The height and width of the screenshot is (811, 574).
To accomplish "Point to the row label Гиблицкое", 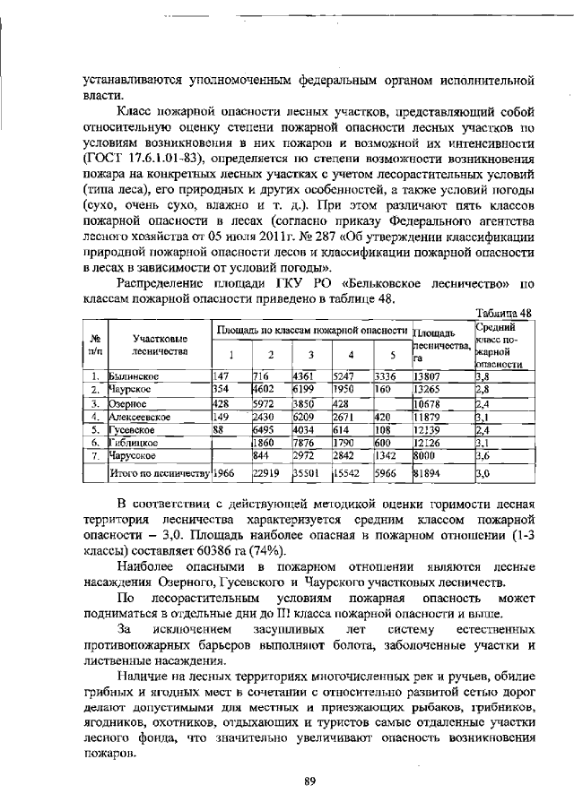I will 134,443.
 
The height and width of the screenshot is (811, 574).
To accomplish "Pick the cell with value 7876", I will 306,443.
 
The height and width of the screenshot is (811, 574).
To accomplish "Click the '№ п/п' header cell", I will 94,345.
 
